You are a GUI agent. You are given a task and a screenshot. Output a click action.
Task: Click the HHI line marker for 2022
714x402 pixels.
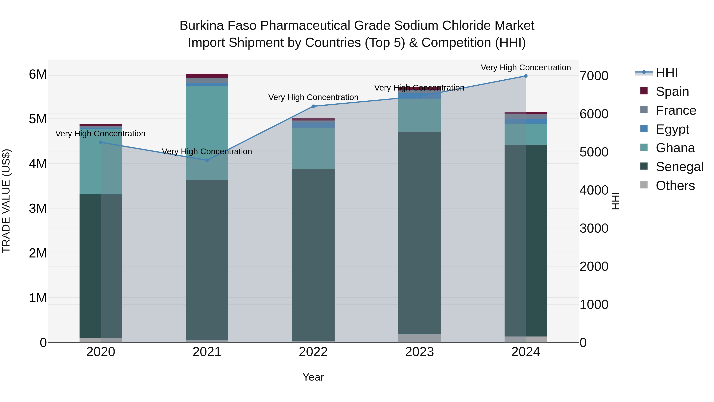pyautogui.click(x=313, y=106)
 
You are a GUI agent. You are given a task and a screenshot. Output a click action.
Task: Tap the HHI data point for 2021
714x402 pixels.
pyautogui.click(x=207, y=160)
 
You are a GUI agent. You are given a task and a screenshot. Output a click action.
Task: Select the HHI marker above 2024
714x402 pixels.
pyautogui.click(x=526, y=76)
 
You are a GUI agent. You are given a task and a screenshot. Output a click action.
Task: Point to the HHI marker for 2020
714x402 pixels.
pyautogui.click(x=101, y=142)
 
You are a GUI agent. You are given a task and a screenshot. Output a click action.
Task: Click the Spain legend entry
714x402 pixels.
pyautogui.click(x=672, y=92)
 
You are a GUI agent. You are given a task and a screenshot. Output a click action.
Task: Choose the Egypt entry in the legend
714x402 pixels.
pyautogui.click(x=672, y=129)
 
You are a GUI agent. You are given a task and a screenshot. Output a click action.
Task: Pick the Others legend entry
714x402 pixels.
pyautogui.click(x=675, y=186)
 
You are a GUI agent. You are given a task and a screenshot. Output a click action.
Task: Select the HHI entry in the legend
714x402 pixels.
pyautogui.click(x=667, y=73)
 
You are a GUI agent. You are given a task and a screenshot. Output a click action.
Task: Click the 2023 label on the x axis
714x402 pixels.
pyautogui.click(x=419, y=352)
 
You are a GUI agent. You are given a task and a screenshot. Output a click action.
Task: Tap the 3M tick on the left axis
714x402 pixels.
pyautogui.click(x=38, y=208)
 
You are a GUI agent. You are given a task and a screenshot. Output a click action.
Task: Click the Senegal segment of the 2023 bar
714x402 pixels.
pyautogui.click(x=419, y=233)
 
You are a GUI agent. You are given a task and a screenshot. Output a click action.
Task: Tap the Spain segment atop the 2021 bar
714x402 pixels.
pyautogui.click(x=207, y=76)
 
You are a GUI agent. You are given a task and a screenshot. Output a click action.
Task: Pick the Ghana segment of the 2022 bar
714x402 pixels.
pyautogui.click(x=313, y=148)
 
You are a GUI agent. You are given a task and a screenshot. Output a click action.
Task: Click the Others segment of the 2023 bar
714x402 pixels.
pyautogui.click(x=419, y=338)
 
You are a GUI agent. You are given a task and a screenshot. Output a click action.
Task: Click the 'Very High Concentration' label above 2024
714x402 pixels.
pyautogui.click(x=526, y=68)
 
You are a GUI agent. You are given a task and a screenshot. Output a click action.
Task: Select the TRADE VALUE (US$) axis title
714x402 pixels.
pyautogui.click(x=6, y=201)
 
